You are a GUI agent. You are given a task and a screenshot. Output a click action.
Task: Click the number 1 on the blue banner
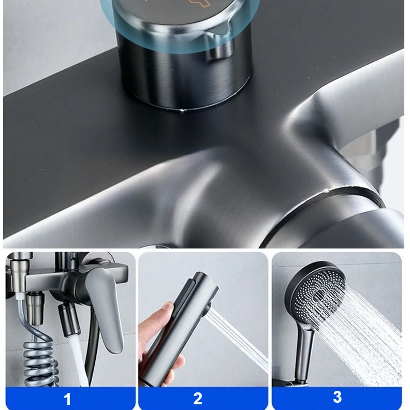[67, 399]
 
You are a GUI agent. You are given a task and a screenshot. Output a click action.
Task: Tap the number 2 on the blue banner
[198, 399]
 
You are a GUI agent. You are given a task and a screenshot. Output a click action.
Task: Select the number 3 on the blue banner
[337, 397]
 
